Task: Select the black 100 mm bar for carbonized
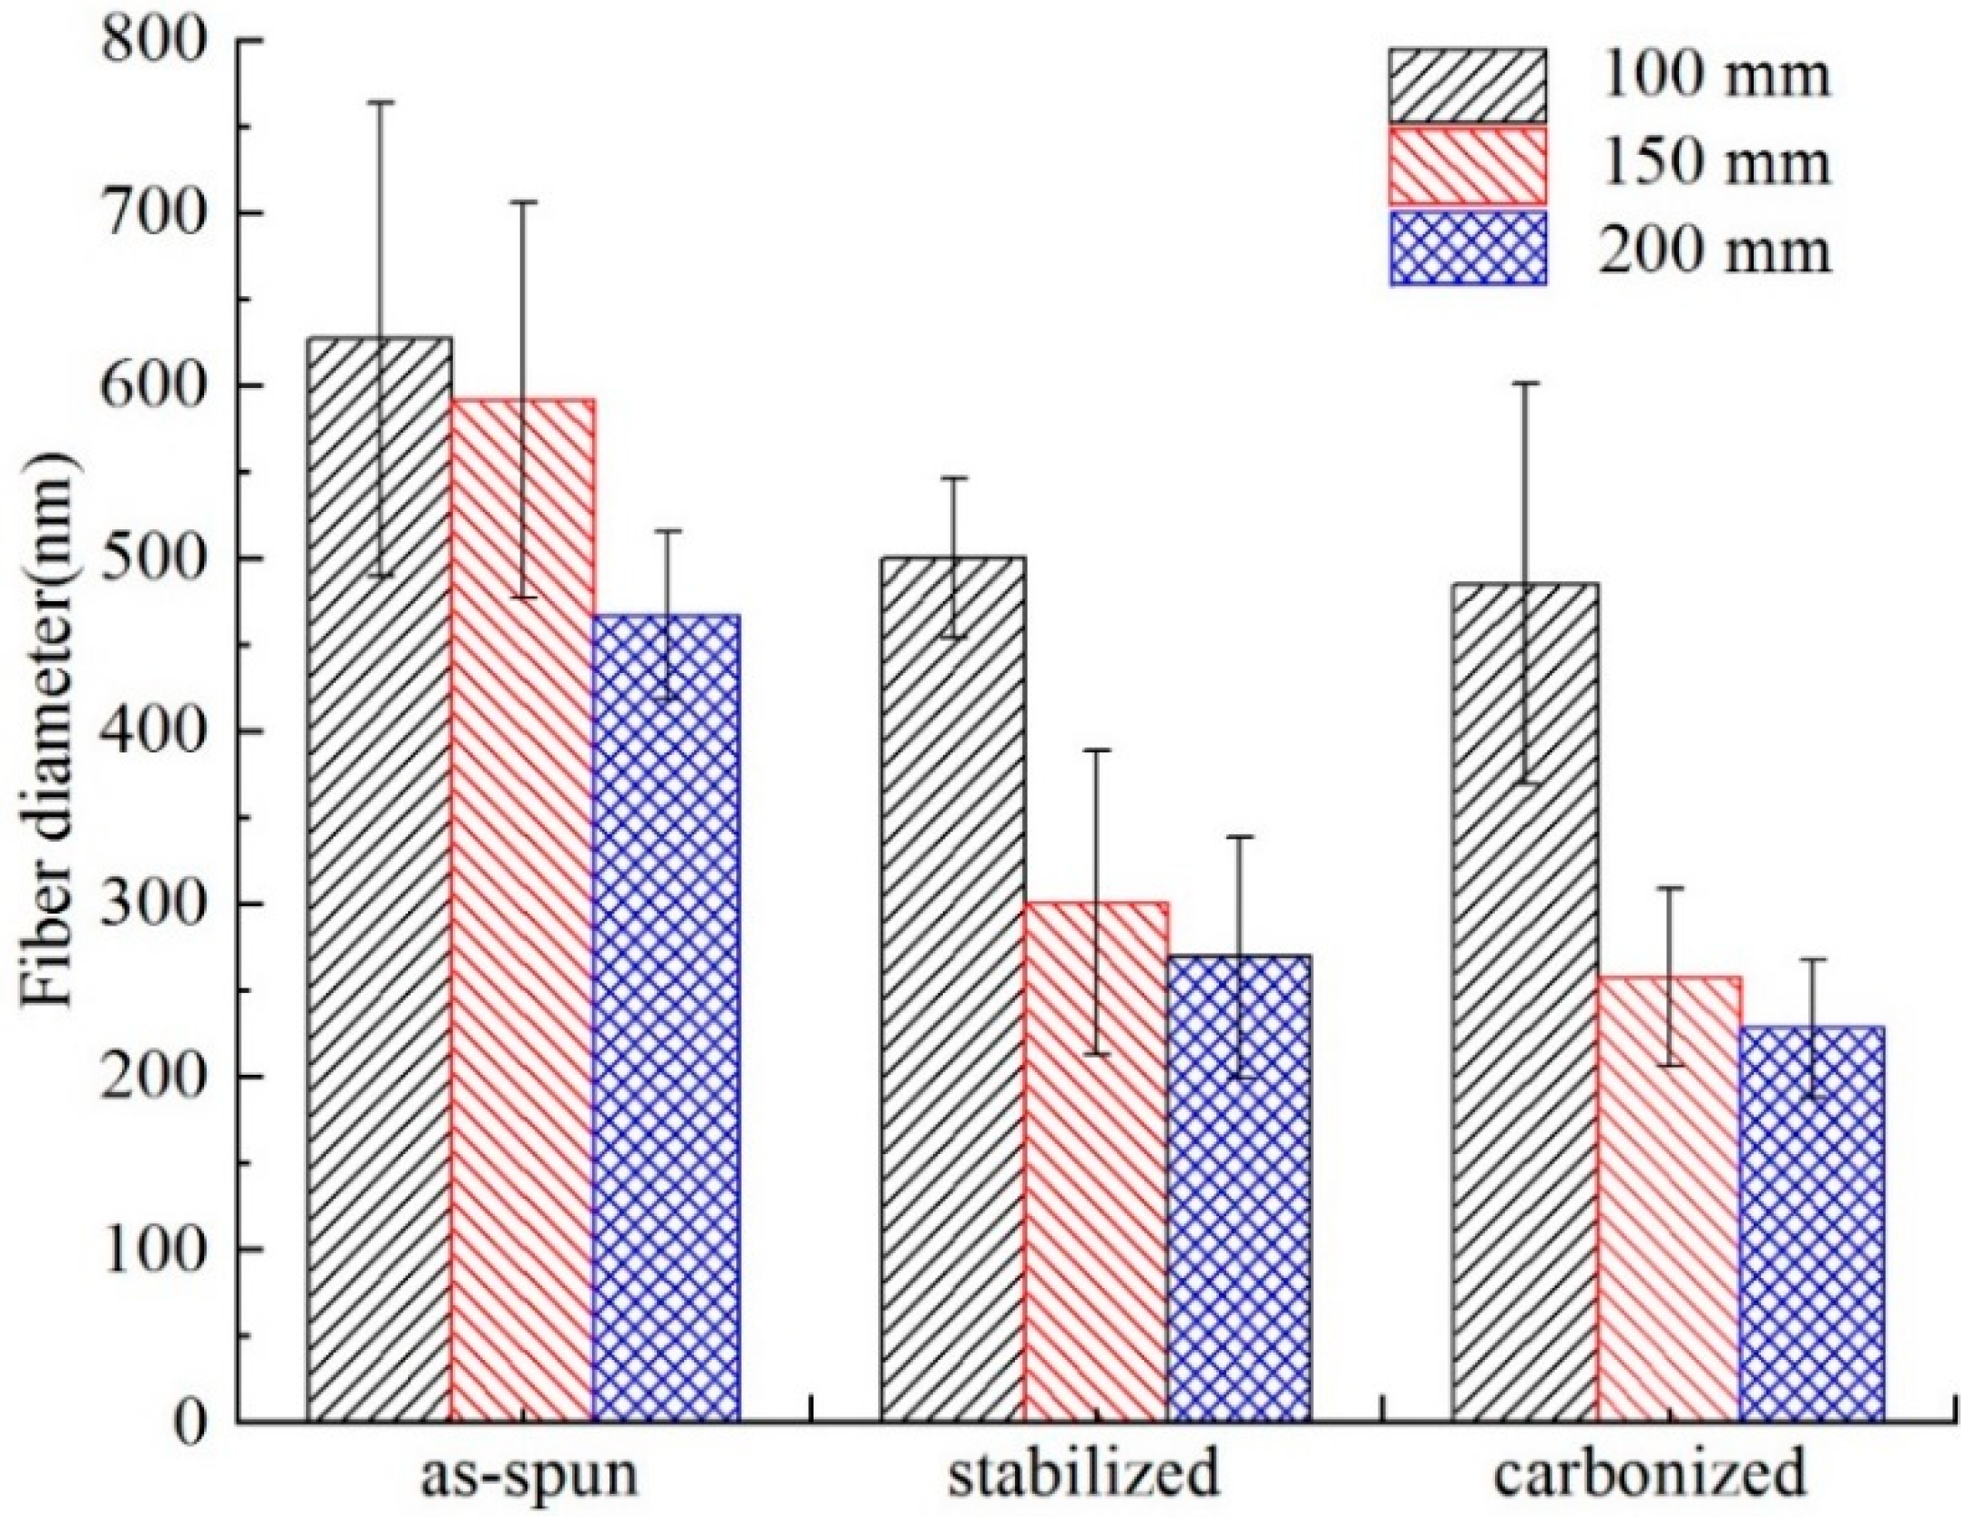pyautogui.click(x=1525, y=1002)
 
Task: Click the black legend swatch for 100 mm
pyautogui.click(x=1468, y=86)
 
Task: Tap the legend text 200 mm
pyautogui.click(x=1714, y=250)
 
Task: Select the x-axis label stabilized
pyautogui.click(x=1083, y=1477)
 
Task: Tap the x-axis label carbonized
pyautogui.click(x=1649, y=1477)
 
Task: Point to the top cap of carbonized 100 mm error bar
pyautogui.click(x=1525, y=383)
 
